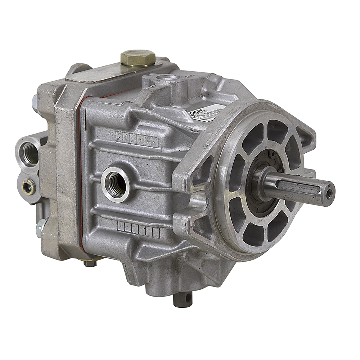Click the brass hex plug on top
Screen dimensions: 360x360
coord(138,57)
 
